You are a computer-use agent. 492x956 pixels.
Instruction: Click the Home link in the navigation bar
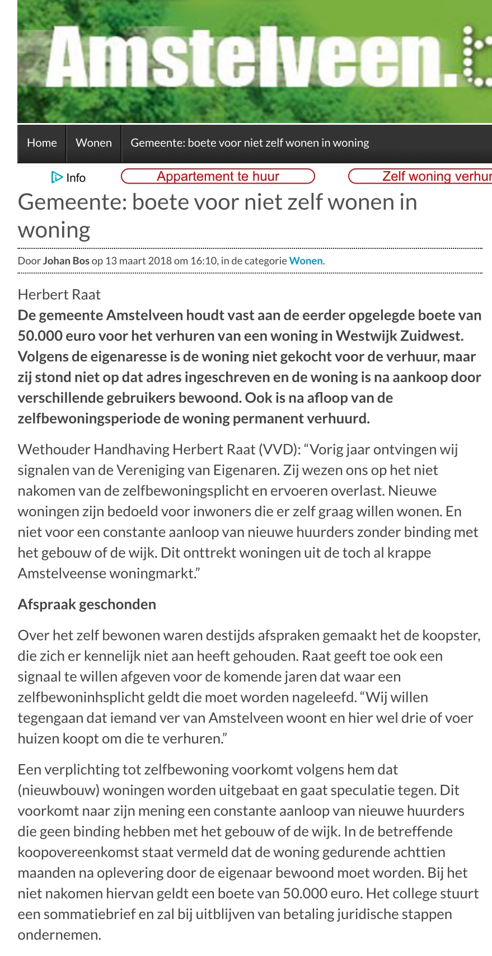pos(42,143)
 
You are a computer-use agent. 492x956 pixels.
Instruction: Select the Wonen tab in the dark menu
pos(93,143)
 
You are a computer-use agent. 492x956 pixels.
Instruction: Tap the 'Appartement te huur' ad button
pos(218,176)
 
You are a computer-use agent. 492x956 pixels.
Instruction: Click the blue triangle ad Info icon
pos(57,177)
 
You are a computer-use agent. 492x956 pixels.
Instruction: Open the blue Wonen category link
pos(306,261)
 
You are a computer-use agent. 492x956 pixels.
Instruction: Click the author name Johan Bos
pos(66,261)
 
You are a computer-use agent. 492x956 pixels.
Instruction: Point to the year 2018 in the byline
pos(160,261)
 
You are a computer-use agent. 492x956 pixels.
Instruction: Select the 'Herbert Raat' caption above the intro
pos(59,294)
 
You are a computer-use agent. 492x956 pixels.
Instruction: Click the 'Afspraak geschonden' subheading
pos(87,604)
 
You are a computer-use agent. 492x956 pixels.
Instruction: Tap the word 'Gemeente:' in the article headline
pos(72,202)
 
